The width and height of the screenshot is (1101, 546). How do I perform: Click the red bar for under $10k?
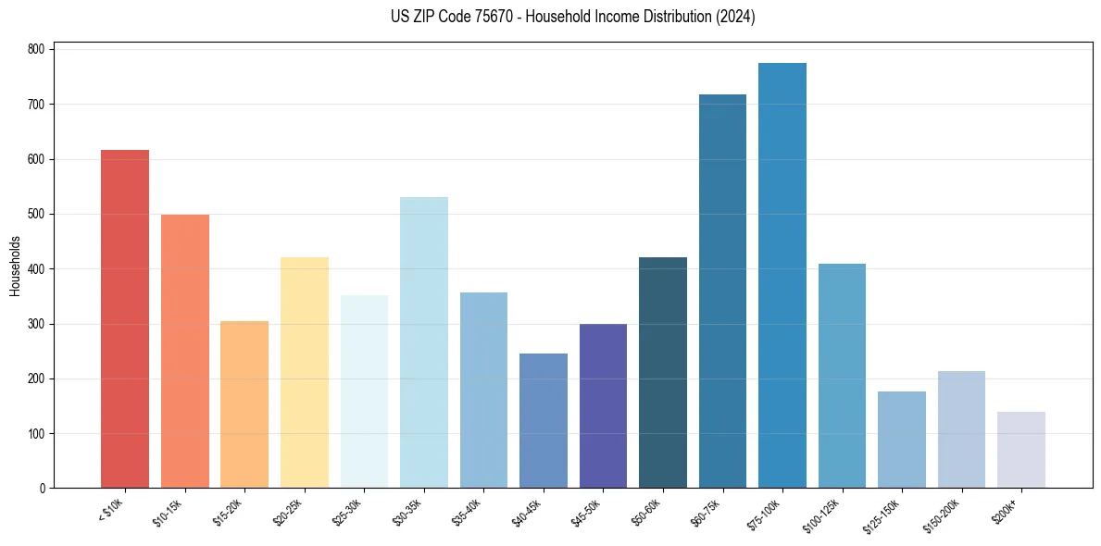tap(125, 319)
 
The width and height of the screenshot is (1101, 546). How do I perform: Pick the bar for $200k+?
tap(1021, 450)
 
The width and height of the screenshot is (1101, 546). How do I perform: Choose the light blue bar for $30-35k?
tap(424, 342)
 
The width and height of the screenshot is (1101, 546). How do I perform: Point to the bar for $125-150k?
tap(902, 440)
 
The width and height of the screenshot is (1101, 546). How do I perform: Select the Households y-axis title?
tap(15, 266)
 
